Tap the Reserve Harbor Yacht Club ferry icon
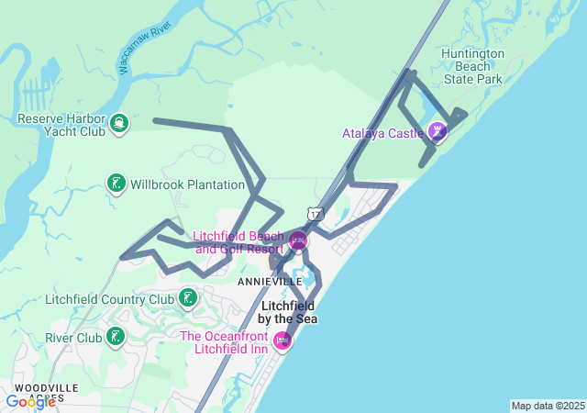coord(119,123)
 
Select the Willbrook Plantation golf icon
coord(116,184)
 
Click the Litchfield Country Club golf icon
coord(187,298)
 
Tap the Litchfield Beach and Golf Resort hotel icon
coord(298,241)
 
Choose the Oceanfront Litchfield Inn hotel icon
coord(282,341)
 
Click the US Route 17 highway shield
coord(316,213)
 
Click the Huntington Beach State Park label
coord(472,66)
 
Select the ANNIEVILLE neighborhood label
coord(270,281)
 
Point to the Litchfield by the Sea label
coord(289,312)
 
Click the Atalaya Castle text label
coord(382,133)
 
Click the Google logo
coord(30,401)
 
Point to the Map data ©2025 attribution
coord(548,406)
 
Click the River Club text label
coord(74,338)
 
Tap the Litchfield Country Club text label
coord(110,299)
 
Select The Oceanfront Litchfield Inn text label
coord(226,341)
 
